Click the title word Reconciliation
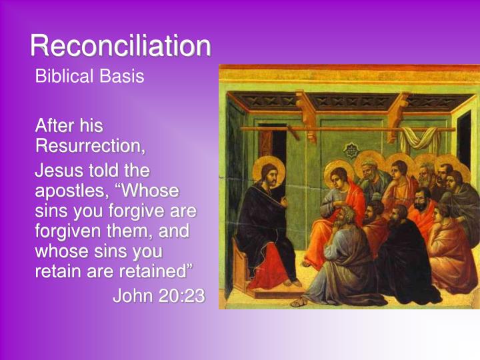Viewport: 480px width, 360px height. point(120,45)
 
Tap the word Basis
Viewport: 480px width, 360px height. point(121,76)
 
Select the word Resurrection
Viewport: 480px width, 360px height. point(89,145)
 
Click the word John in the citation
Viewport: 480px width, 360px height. point(133,296)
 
